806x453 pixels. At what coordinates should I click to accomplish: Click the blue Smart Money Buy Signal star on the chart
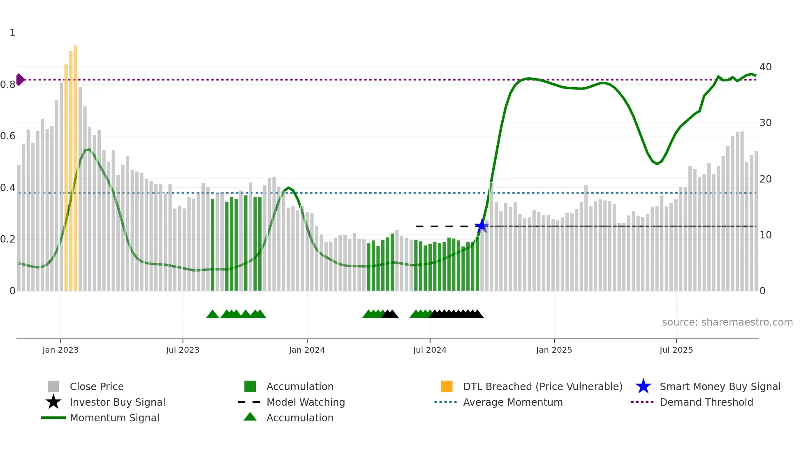481,226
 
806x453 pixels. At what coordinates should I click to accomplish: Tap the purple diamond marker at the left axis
20,79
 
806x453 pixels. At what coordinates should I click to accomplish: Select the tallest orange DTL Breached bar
76,168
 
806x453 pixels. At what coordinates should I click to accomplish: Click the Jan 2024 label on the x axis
307,350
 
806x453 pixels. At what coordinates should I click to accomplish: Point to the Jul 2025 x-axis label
676,350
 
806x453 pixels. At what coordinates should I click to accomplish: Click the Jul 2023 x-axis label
183,350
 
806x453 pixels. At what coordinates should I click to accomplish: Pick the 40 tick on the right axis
765,67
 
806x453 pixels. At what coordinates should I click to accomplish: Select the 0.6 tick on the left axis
8,136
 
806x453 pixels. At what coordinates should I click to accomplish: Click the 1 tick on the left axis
12,33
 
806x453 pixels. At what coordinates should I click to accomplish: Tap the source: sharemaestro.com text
727,322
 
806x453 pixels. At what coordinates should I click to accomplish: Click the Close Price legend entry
97,386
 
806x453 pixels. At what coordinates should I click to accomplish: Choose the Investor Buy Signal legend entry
117,402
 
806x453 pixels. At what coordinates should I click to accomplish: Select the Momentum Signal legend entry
114,418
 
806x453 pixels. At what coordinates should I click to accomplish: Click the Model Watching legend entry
306,402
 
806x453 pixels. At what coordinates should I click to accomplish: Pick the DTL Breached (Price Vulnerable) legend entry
542,386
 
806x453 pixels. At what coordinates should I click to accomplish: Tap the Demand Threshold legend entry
706,402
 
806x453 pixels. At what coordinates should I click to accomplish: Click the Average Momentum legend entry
513,402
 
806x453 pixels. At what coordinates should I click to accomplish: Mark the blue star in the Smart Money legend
643,386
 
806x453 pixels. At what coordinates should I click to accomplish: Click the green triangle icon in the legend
250,417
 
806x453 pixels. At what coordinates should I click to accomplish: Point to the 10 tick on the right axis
765,235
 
